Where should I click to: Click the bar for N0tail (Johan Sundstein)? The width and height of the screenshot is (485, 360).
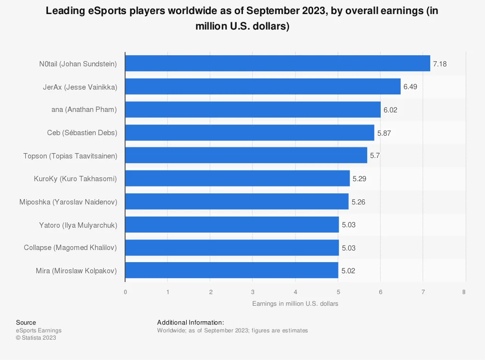[x=277, y=63]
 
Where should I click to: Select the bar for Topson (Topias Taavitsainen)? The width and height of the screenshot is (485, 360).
[x=246, y=156]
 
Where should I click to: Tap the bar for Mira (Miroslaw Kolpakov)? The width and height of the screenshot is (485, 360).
[x=231, y=270]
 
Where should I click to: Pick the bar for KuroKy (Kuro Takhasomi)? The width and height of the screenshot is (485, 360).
[x=237, y=178]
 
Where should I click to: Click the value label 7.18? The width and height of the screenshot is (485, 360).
[x=439, y=63]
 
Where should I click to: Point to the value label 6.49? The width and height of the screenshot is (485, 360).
[x=410, y=87]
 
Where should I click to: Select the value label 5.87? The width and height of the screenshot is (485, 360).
[x=384, y=133]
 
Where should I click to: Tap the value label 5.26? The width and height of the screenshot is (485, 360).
[x=358, y=202]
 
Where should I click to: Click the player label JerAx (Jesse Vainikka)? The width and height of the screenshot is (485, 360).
[x=80, y=87]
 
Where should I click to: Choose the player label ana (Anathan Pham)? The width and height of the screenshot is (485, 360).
[x=84, y=110]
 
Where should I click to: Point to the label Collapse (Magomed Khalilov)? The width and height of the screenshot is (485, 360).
[x=70, y=248]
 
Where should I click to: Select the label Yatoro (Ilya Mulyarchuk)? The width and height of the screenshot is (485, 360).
[x=78, y=225]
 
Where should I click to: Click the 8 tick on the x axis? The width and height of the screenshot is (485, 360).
[x=464, y=292]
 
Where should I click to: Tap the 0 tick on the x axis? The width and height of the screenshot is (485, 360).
[x=125, y=292]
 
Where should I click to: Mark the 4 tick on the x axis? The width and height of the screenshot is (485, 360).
[x=295, y=292]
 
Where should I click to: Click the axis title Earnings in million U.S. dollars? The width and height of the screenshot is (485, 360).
[x=295, y=304]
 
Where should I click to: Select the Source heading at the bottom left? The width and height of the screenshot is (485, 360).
[x=26, y=322]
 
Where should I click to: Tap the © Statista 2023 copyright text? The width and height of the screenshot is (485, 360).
[x=36, y=338]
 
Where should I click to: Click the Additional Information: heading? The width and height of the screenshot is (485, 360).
[x=190, y=322]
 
